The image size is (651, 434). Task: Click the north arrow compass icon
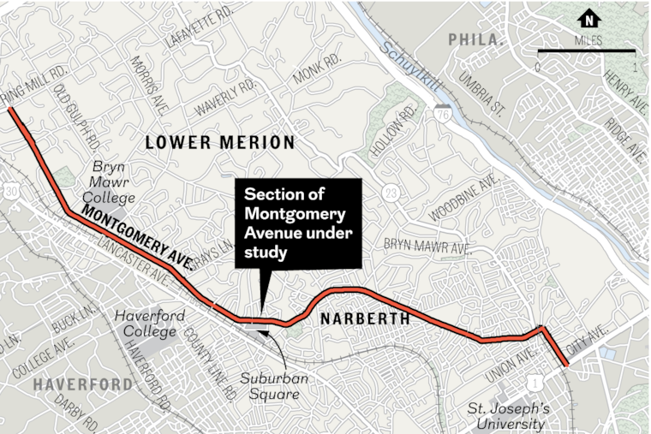point(589,19)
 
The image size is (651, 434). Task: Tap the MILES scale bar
point(586,53)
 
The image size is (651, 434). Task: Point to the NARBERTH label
point(360,319)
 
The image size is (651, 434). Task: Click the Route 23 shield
point(391,190)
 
